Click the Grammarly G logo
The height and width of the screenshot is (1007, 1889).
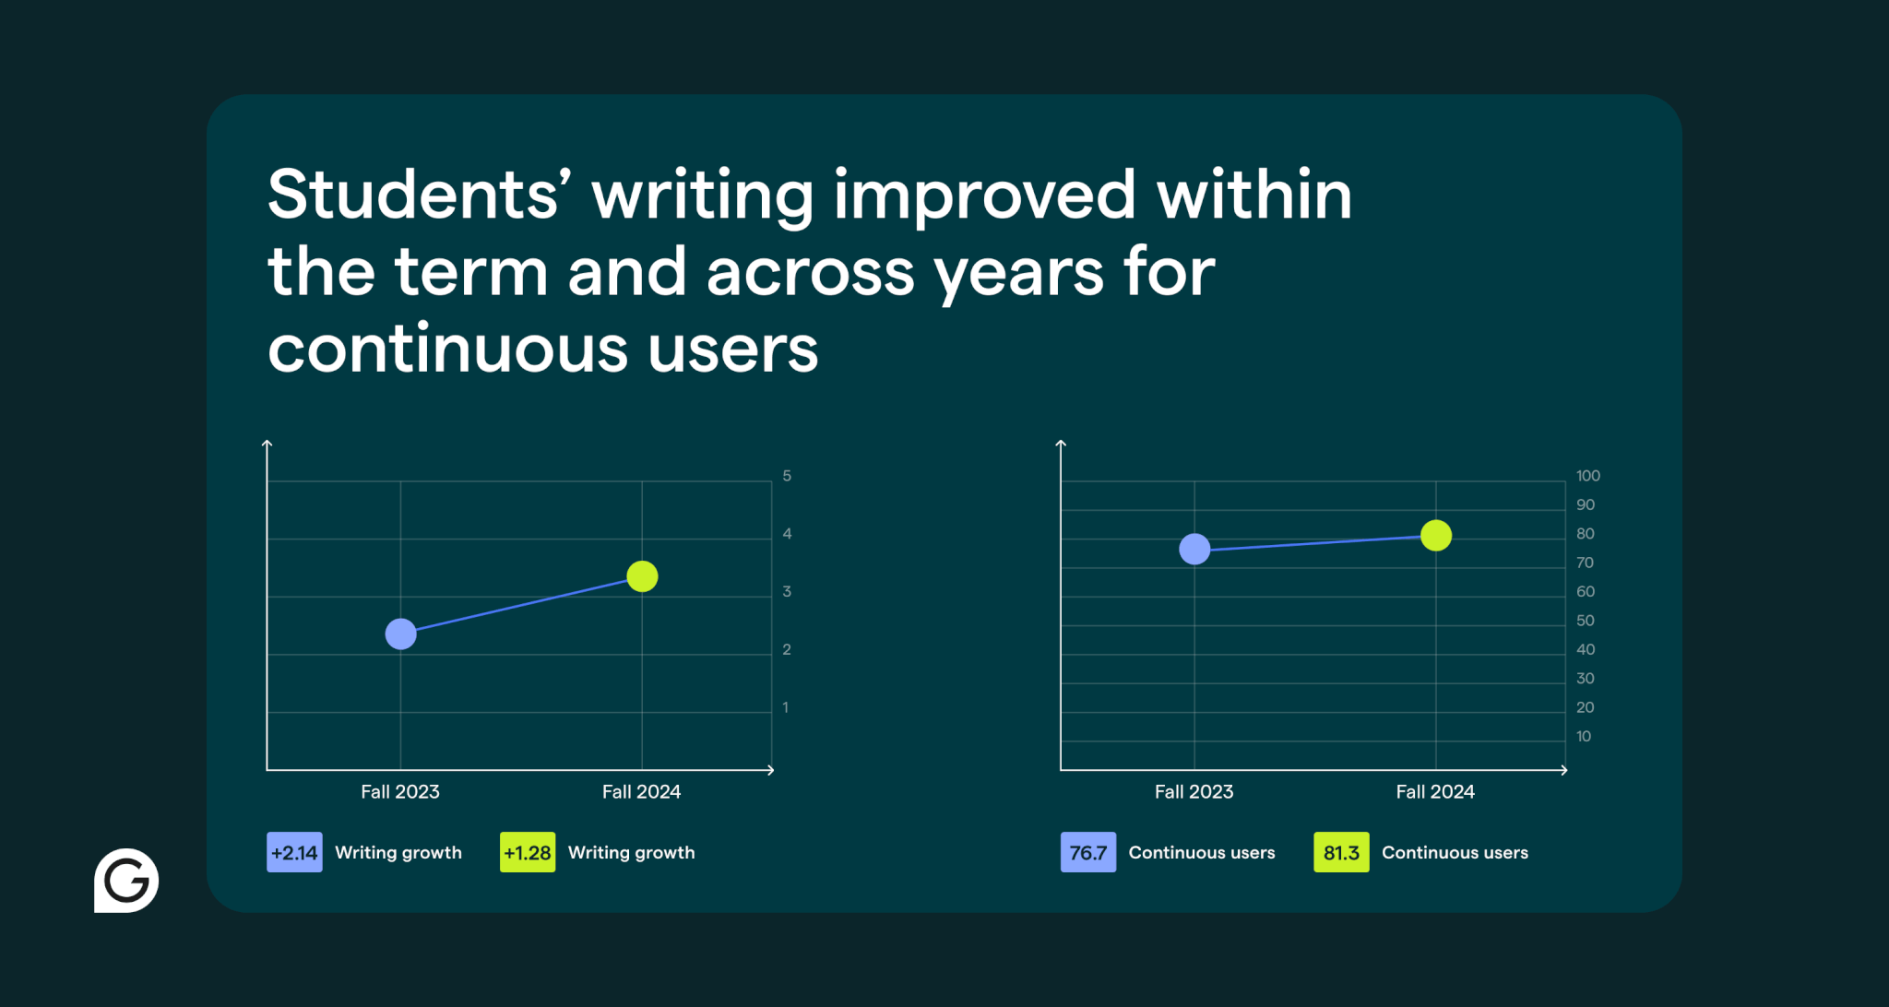(126, 881)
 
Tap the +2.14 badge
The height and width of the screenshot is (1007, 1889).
(294, 852)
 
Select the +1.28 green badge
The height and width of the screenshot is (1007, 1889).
(528, 852)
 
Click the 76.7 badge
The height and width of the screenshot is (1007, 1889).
(1088, 852)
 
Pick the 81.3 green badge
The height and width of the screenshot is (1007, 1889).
(1341, 852)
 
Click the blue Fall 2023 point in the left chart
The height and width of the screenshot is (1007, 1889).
(400, 634)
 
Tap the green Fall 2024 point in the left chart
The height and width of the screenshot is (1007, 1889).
(642, 576)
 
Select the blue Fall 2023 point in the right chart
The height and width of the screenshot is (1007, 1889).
(1194, 549)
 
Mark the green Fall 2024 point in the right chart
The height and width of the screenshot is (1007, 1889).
(1436, 535)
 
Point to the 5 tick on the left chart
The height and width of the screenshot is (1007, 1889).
(787, 476)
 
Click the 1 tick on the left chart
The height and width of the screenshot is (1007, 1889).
(786, 707)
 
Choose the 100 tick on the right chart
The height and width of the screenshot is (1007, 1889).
(1588, 476)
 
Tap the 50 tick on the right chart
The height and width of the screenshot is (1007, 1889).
(1586, 621)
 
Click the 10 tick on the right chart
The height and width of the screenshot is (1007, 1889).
(1584, 736)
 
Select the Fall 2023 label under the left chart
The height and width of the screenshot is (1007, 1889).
(400, 791)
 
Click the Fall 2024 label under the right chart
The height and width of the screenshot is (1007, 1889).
(1435, 791)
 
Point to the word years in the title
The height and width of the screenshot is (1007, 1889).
(1018, 274)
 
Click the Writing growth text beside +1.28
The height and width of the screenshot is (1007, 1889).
(632, 853)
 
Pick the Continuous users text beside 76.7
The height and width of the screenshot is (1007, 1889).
(1202, 853)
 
